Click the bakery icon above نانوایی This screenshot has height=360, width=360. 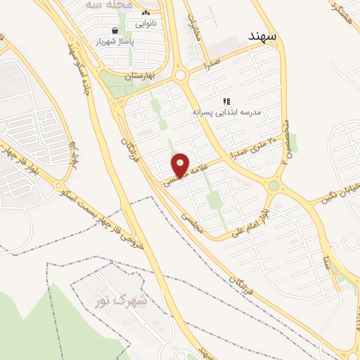tap(146, 13)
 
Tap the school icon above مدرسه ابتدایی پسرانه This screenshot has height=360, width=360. tap(226, 101)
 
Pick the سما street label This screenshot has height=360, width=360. tap(327, 264)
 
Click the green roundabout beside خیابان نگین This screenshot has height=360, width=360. tap(274, 186)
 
